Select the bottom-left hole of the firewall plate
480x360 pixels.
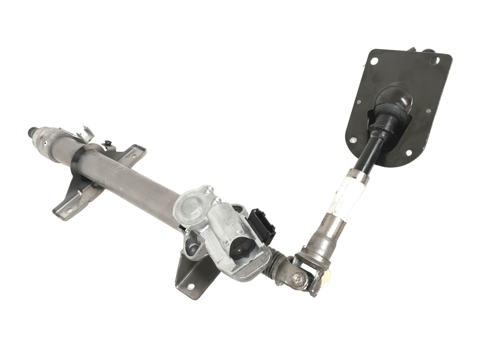point(352,140)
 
